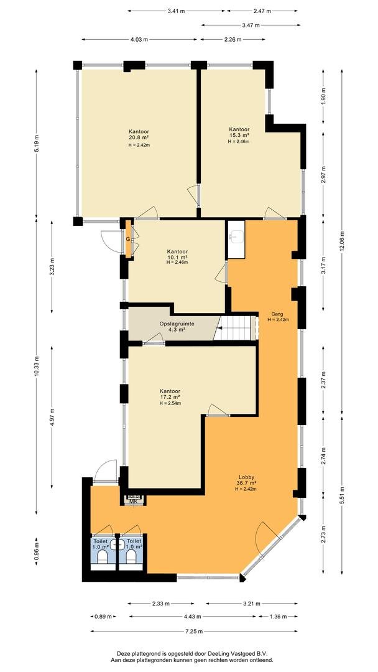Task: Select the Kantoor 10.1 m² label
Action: click(177, 256)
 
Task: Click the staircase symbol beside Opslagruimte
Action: click(236, 327)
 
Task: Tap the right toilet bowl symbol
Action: click(131, 558)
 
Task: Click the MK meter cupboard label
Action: click(133, 501)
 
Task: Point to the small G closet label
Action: click(127, 238)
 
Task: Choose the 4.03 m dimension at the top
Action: click(139, 40)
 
